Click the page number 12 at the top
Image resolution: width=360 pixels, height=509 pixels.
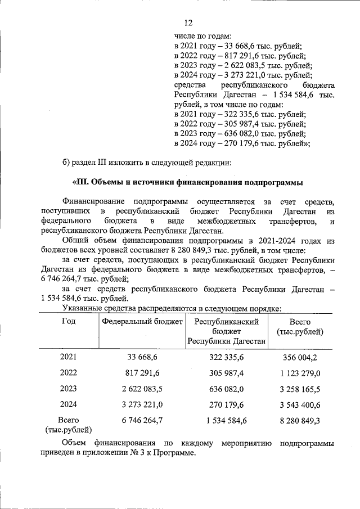[x=188, y=23]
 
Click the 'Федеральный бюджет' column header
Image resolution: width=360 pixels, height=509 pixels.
[x=142, y=322]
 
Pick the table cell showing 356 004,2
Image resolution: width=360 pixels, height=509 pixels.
[x=300, y=357]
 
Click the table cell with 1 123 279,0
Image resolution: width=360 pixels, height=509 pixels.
[x=300, y=373]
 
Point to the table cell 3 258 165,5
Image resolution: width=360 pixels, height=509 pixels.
[x=300, y=389]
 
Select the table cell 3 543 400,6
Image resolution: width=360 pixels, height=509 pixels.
[x=300, y=404]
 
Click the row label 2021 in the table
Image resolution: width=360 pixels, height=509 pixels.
[x=68, y=357]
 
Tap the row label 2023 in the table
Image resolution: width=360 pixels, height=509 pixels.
[x=68, y=389]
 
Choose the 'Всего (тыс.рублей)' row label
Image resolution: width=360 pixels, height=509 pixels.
[x=68, y=425]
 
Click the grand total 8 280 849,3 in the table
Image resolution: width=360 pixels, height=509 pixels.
[x=300, y=420]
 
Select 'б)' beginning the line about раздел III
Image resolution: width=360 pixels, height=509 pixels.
[x=67, y=163]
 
